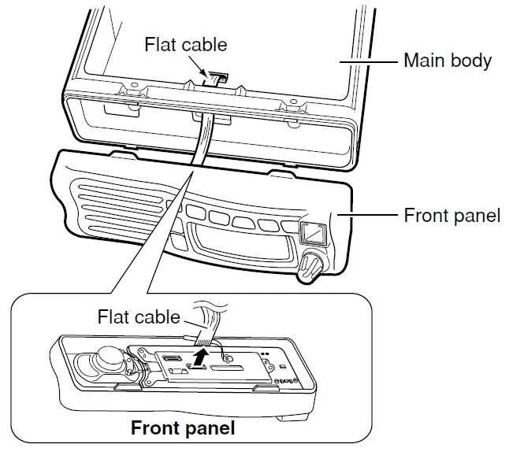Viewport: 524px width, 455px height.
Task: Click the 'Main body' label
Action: pos(447,60)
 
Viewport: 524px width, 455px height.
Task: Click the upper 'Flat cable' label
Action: pos(186,44)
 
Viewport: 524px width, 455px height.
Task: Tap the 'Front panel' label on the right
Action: pos(452,215)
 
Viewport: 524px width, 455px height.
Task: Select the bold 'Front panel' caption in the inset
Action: pos(183,429)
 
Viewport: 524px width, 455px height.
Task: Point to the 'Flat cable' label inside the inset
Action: pos(139,316)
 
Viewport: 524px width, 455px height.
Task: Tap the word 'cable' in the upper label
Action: pos(204,44)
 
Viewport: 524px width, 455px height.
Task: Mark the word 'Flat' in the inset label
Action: pos(114,316)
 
